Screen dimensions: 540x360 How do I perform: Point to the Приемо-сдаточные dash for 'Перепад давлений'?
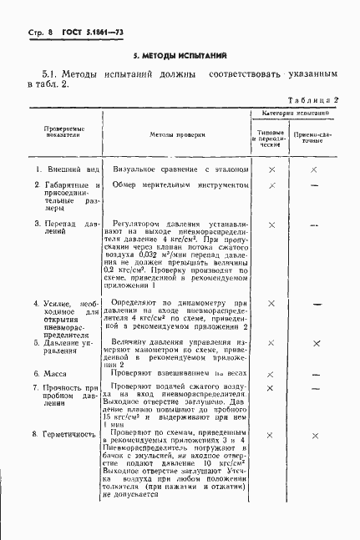[315, 225]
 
